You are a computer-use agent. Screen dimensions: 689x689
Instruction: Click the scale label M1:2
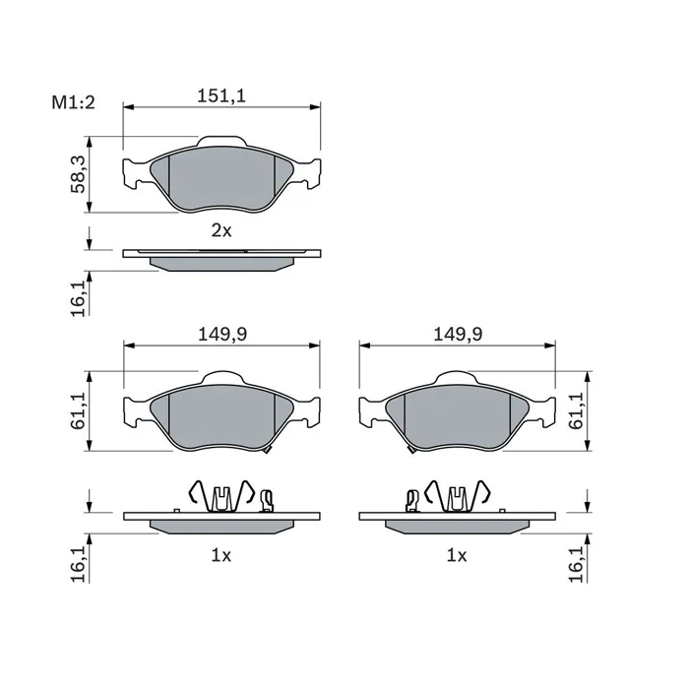pyautogui.click(x=74, y=102)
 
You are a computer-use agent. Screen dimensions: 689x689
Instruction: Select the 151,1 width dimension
pyautogui.click(x=221, y=95)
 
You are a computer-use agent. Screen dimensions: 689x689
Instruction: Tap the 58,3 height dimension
pyautogui.click(x=78, y=174)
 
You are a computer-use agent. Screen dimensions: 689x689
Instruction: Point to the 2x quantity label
pyautogui.click(x=221, y=230)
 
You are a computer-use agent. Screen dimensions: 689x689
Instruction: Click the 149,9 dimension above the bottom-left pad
pyautogui.click(x=222, y=335)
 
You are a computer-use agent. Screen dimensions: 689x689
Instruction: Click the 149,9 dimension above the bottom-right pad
pyautogui.click(x=458, y=335)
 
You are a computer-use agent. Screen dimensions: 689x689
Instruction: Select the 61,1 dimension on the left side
pyautogui.click(x=78, y=410)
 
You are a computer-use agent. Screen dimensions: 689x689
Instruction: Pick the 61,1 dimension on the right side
pyautogui.click(x=576, y=410)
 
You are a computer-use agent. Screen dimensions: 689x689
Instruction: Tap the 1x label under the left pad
pyautogui.click(x=221, y=556)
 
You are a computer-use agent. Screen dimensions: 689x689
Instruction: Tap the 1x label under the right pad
pyautogui.click(x=457, y=556)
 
